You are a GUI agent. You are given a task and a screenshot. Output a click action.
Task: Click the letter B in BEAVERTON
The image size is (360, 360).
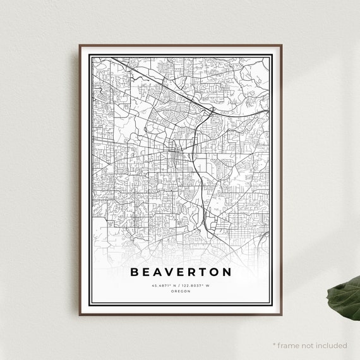click(135, 273)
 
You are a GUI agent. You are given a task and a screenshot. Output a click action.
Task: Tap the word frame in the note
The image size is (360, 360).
click(287, 345)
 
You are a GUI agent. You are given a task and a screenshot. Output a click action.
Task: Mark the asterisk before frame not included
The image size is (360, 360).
click(275, 345)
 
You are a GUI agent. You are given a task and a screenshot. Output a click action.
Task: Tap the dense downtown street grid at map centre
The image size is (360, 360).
click(177, 155)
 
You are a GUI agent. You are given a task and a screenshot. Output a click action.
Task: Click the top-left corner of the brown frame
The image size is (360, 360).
click(80, 45)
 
